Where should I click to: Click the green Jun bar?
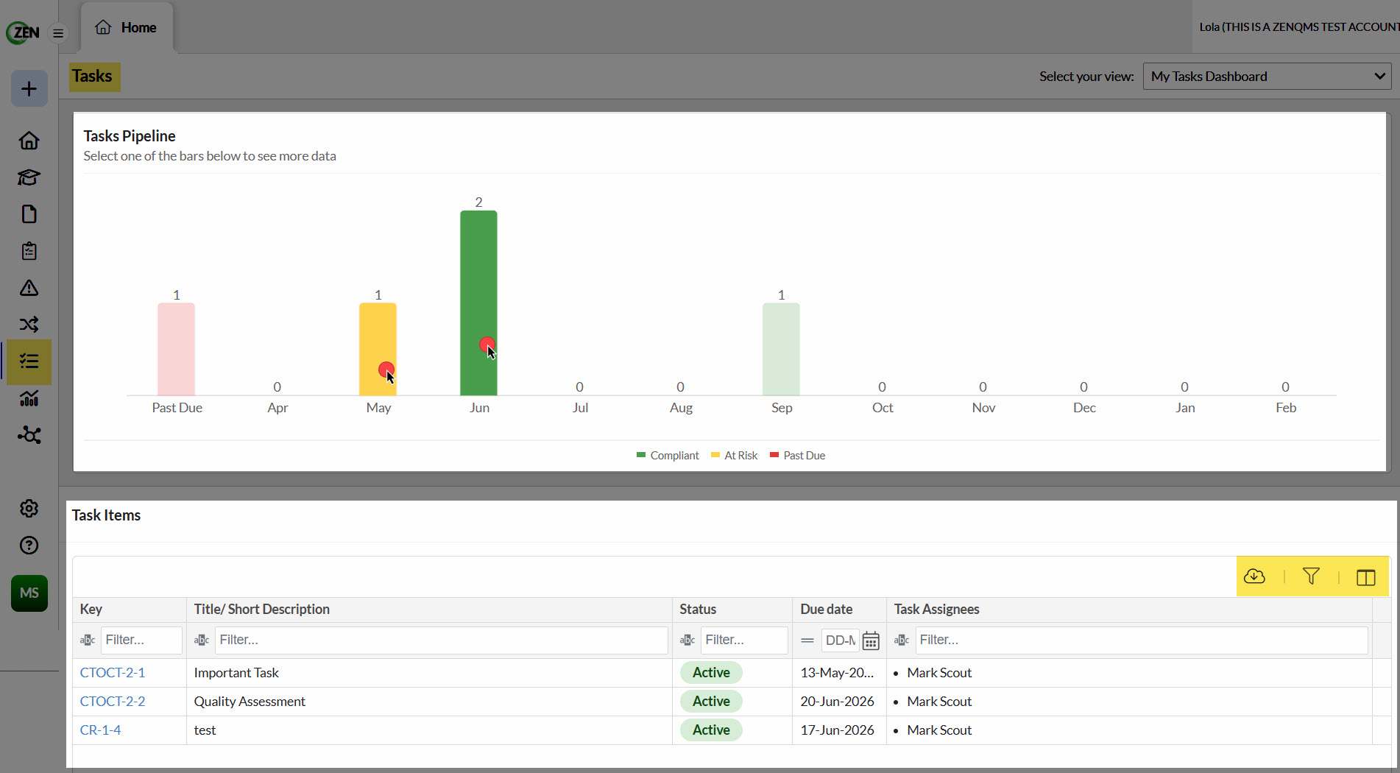pyautogui.click(x=478, y=303)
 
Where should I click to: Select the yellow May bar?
pyautogui.click(x=378, y=349)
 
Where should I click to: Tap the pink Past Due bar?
pyautogui.click(x=176, y=349)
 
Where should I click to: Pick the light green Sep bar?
pyautogui.click(x=781, y=349)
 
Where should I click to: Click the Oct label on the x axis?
pyautogui.click(x=883, y=408)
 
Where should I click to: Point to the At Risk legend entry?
pyautogui.click(x=734, y=456)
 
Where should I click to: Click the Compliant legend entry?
pyautogui.click(x=668, y=456)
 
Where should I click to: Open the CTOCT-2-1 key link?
pyautogui.click(x=113, y=672)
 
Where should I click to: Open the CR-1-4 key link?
pyautogui.click(x=100, y=730)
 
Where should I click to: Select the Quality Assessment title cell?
pyautogui.click(x=250, y=701)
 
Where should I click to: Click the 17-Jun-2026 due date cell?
pyautogui.click(x=837, y=730)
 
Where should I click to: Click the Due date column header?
pyautogui.click(x=826, y=609)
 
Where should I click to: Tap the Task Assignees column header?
pyautogui.click(x=936, y=609)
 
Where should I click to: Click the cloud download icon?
pyautogui.click(x=1254, y=576)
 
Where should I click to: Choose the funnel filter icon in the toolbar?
pyautogui.click(x=1311, y=576)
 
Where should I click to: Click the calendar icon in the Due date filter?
pyautogui.click(x=871, y=640)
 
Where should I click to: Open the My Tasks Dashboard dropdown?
pyautogui.click(x=1267, y=77)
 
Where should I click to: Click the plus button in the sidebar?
pyautogui.click(x=29, y=89)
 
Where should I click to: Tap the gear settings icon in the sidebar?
pyautogui.click(x=29, y=508)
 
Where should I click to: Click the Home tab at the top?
pyautogui.click(x=127, y=28)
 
